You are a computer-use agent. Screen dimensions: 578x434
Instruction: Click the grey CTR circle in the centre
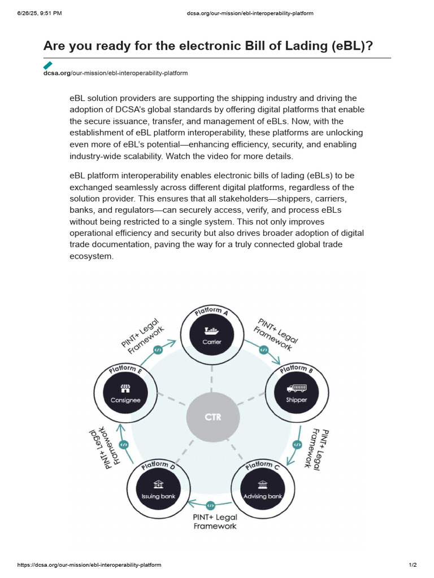click(212, 418)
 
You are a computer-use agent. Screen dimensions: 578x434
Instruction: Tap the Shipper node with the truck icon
click(296, 393)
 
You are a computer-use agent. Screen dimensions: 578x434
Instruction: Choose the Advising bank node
click(263, 489)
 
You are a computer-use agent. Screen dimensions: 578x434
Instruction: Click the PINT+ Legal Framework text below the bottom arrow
click(215, 522)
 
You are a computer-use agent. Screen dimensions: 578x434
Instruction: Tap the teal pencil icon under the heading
click(48, 65)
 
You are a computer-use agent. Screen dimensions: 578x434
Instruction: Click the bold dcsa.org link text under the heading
click(57, 73)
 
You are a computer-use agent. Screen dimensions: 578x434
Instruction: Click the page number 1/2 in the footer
click(413, 565)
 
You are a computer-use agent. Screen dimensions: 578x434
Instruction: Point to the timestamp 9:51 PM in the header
click(49, 13)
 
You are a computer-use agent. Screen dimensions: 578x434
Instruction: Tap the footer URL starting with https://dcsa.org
click(89, 565)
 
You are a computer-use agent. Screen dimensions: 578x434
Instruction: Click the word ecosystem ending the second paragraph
click(92, 256)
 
